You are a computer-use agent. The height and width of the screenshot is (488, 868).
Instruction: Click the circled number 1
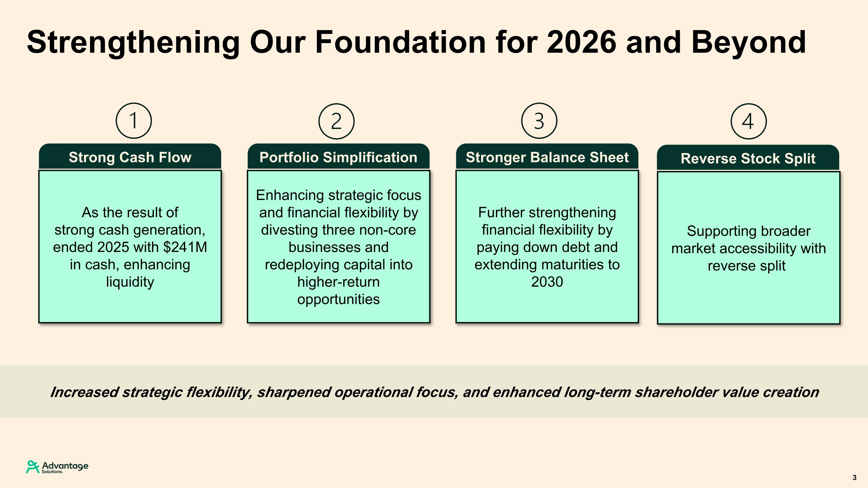(134, 121)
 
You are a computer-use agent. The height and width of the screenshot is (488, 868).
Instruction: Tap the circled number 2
(336, 121)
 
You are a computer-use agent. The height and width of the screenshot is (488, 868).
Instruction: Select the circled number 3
(539, 121)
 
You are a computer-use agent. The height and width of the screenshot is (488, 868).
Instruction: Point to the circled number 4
(749, 121)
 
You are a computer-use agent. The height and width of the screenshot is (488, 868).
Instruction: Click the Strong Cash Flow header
(130, 157)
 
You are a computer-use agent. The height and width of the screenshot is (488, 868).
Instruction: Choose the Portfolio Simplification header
(338, 157)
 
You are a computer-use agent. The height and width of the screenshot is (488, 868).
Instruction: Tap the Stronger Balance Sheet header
(547, 157)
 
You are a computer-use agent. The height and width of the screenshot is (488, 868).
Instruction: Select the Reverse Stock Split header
(748, 159)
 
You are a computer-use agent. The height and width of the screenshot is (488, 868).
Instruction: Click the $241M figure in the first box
(185, 247)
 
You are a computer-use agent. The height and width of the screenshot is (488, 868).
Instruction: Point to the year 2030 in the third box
(547, 282)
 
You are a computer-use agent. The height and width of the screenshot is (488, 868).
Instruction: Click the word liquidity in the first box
(130, 282)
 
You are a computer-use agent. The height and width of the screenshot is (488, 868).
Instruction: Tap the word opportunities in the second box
(338, 299)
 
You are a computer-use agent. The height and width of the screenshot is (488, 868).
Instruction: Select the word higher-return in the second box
(338, 282)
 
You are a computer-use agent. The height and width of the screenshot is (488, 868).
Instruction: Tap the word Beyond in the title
(749, 43)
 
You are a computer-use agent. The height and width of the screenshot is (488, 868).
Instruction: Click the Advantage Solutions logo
(57, 467)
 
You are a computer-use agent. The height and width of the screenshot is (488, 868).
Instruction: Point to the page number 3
(854, 478)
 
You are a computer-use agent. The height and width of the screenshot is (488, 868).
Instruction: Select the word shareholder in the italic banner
(675, 392)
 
